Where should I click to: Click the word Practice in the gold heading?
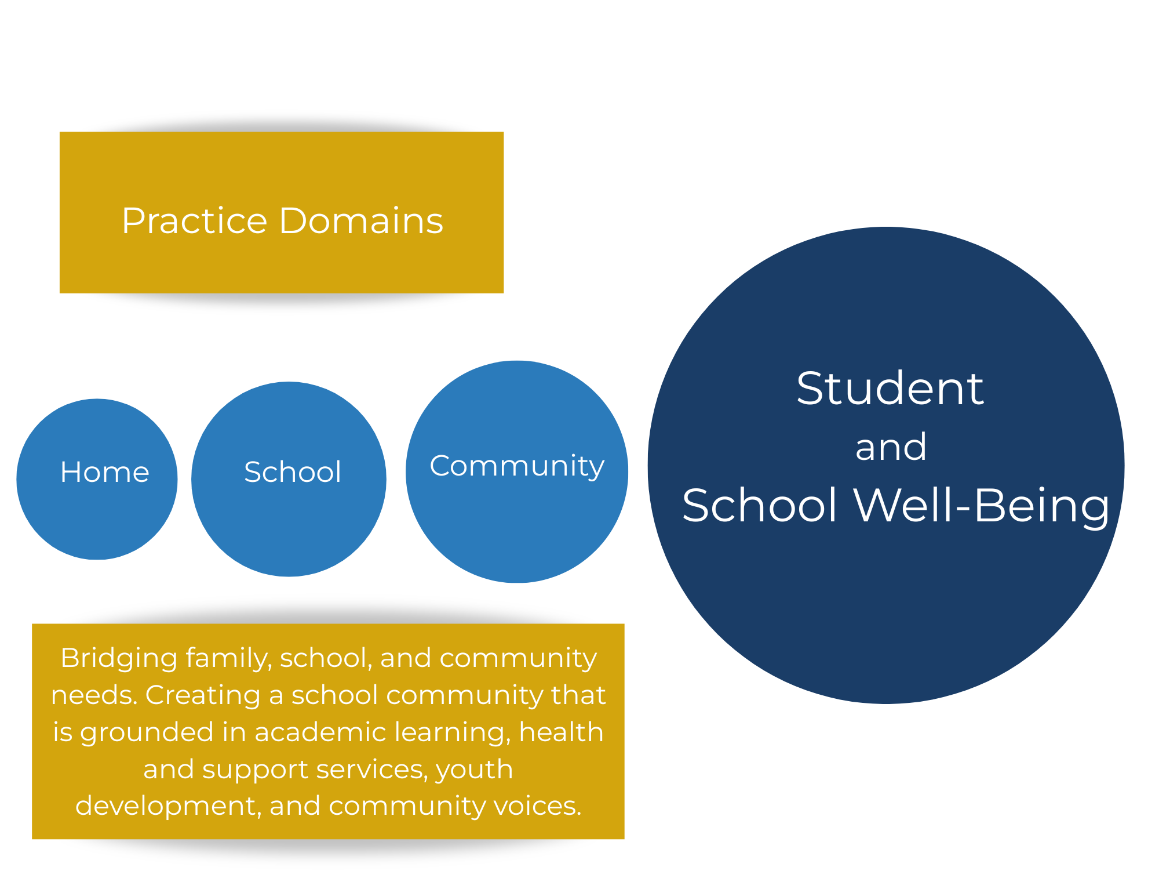point(194,221)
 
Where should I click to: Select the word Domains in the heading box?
point(361,220)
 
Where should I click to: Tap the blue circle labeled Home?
point(97,479)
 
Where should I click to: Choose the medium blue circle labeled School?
point(289,479)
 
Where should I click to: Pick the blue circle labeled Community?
point(517,471)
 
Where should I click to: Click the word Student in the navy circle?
point(890,389)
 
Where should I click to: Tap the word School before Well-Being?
point(760,505)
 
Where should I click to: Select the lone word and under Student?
point(891,447)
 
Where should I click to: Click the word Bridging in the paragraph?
point(119,659)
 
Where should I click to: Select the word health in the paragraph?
point(562,732)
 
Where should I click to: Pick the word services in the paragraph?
point(372,770)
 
